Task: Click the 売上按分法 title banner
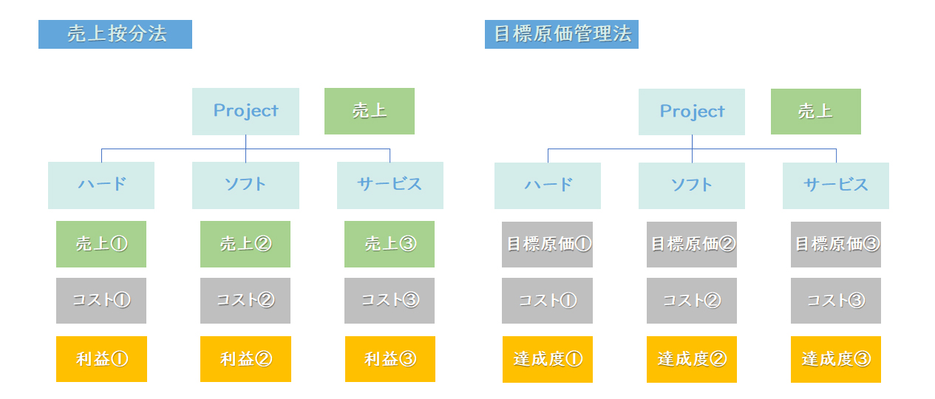coord(115,34)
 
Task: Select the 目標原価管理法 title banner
coord(562,34)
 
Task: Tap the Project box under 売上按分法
coord(245,112)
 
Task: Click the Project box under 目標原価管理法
coord(692,112)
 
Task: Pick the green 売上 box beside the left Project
coord(370,111)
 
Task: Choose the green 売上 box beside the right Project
coord(815,112)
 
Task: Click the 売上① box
coord(101,244)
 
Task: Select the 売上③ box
coord(390,244)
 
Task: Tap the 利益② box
coord(245,359)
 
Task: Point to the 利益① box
coord(101,359)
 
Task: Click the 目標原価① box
coord(547,245)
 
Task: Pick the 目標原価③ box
coord(836,245)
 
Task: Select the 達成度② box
coord(692,359)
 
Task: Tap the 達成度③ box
coord(836,359)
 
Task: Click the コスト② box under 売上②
coord(245,301)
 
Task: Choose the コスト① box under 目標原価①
coord(547,301)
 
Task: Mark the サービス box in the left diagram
coord(390,185)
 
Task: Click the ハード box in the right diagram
coord(548,185)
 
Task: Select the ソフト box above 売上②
coord(245,185)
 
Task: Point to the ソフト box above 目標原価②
coord(692,185)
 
